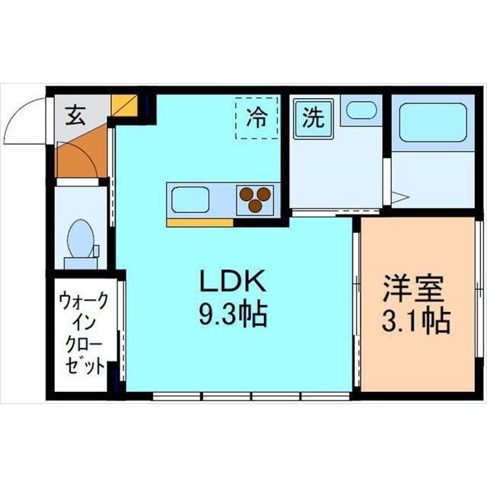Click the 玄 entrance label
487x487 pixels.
click(74, 116)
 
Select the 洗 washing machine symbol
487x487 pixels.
click(312, 117)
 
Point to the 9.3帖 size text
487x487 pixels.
click(233, 314)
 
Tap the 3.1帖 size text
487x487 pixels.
click(415, 320)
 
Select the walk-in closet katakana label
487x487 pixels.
click(82, 334)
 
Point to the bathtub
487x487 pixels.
click(431, 123)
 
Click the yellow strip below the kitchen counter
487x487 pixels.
click(199, 222)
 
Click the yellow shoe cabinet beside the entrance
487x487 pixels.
click(123, 105)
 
